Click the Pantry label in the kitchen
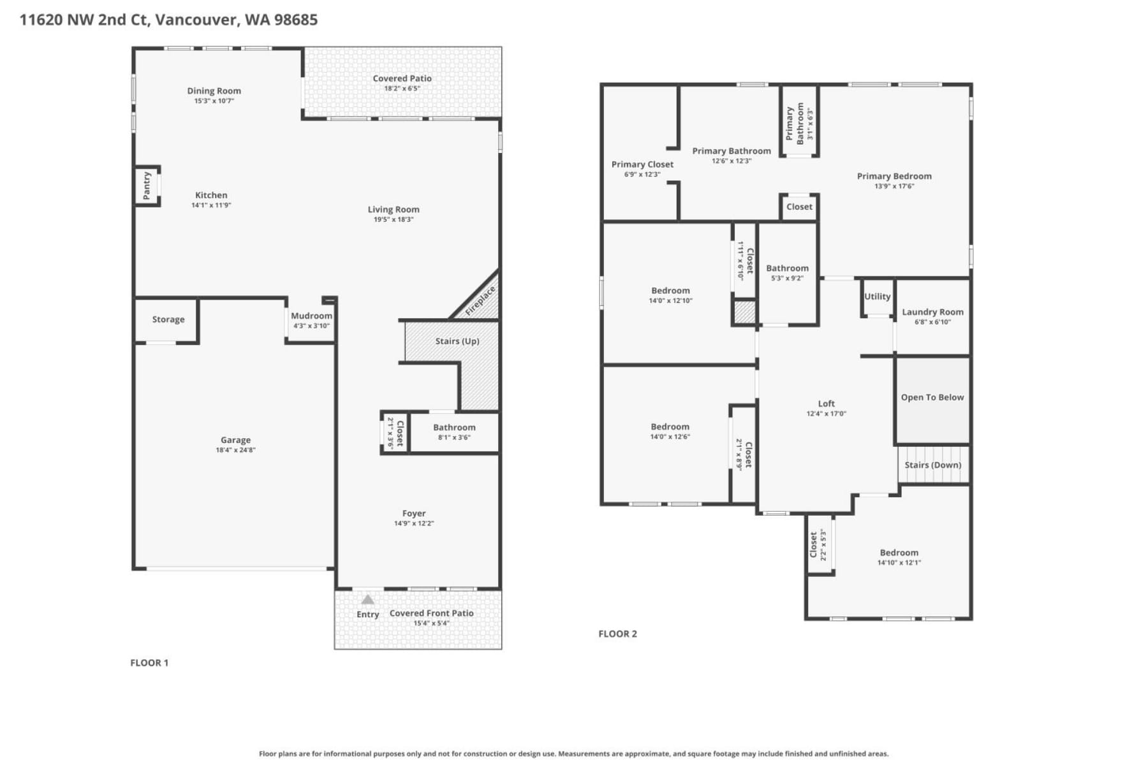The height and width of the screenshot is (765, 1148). [x=147, y=186]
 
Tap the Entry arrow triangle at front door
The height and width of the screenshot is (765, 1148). [x=367, y=599]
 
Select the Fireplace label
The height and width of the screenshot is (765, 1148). [x=480, y=301]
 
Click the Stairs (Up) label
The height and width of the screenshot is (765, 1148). [x=457, y=341]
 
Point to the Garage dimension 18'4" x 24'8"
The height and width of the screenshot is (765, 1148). [x=235, y=450]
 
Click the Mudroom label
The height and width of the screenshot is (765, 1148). [x=311, y=316]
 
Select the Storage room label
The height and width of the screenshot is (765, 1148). [x=168, y=319]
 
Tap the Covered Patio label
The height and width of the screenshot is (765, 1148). [x=402, y=78]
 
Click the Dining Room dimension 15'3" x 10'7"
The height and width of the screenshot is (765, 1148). [x=214, y=101]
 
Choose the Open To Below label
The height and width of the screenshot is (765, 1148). [x=932, y=397]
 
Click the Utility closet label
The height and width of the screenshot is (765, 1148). [x=877, y=296]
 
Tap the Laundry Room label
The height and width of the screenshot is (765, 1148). [x=932, y=312]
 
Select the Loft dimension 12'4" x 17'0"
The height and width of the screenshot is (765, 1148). [x=826, y=414]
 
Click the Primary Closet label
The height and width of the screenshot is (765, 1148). [x=642, y=164]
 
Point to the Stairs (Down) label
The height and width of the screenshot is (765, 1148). [x=932, y=465]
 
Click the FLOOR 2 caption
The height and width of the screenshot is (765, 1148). [x=617, y=634]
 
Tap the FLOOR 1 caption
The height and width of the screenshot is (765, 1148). [x=149, y=663]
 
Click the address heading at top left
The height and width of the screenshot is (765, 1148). [x=168, y=20]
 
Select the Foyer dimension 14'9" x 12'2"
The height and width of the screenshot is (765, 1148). [x=413, y=523]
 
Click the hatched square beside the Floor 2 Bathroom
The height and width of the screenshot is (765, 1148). [x=744, y=312]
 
